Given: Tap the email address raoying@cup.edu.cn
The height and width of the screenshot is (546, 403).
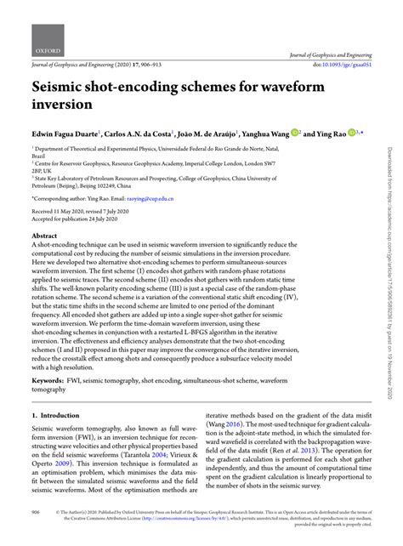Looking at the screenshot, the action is (x=156, y=198).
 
